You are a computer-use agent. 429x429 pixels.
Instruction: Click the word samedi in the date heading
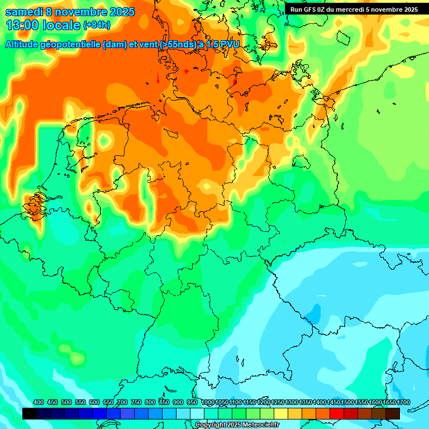(x=26, y=12)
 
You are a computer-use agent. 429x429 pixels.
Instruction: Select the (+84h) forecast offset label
(x=97, y=25)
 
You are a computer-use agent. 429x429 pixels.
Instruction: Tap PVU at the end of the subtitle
(x=228, y=45)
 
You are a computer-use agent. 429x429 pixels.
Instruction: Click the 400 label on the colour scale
(x=39, y=402)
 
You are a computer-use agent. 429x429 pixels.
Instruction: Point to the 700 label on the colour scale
(x=122, y=402)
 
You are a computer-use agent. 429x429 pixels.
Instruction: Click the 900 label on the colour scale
(x=178, y=402)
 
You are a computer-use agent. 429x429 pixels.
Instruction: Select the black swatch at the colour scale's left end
(x=29, y=413)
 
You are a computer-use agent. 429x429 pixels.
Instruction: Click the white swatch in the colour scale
(x=197, y=413)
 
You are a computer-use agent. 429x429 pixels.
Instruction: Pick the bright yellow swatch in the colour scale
(x=281, y=413)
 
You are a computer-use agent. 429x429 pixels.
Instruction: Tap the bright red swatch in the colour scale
(x=337, y=413)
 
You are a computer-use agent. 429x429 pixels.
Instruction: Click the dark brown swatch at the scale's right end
(x=393, y=413)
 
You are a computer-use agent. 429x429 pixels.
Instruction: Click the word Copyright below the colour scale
(x=211, y=425)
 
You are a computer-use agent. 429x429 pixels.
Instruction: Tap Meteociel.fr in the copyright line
(x=259, y=425)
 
